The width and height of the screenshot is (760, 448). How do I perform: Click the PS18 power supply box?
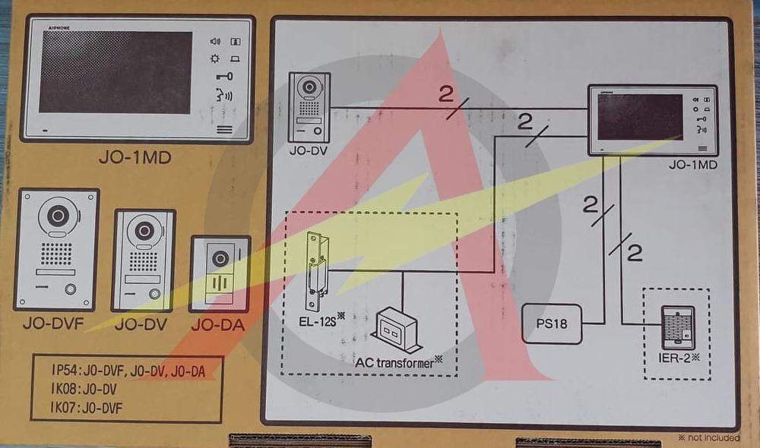click(x=552, y=324)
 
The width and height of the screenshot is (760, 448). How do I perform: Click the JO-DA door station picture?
click(x=220, y=273)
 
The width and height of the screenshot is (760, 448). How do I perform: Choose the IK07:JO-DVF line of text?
click(x=87, y=408)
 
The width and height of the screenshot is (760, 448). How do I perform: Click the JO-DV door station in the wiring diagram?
click(x=309, y=107)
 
